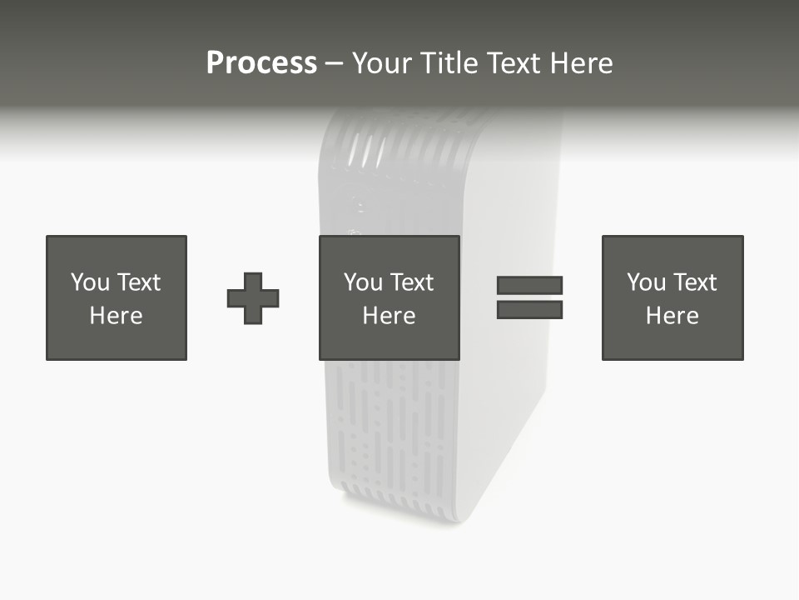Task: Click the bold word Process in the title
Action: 261,62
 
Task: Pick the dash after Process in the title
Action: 334,63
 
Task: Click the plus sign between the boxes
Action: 253,298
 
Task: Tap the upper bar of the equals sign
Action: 530,285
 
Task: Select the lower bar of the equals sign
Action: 530,310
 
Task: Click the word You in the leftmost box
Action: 90,282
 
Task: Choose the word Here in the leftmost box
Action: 116,316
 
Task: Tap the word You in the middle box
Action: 363,282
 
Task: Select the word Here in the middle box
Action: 389,316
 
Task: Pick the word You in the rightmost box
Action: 646,282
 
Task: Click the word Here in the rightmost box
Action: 672,316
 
